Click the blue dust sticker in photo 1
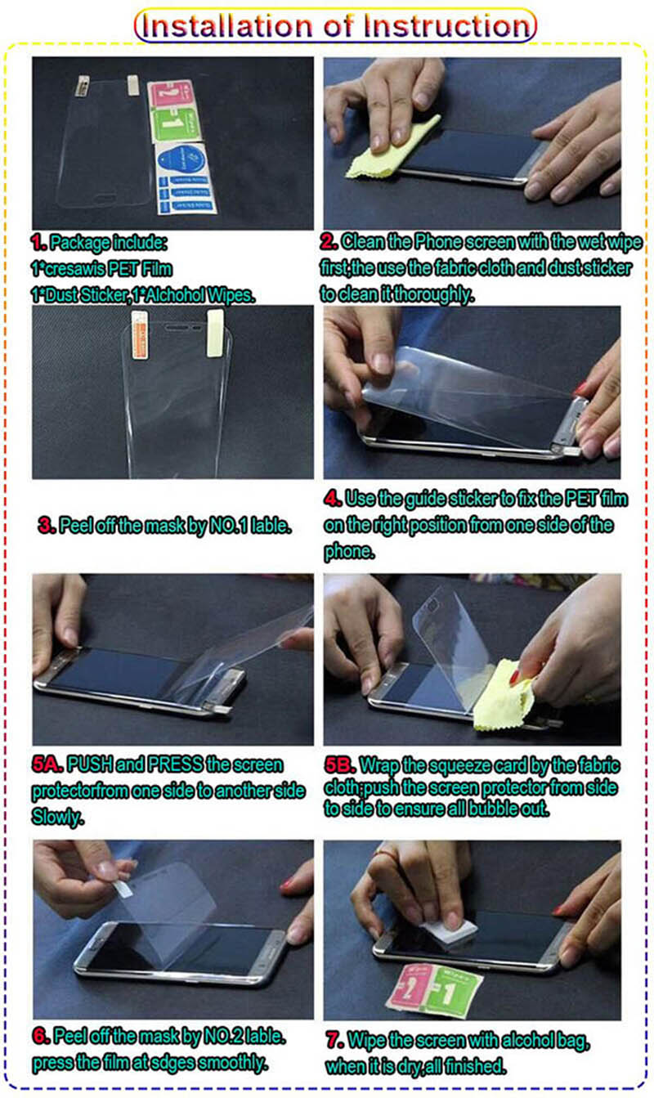point(186,179)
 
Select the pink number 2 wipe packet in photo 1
point(169,95)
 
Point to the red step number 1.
point(38,242)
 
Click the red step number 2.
point(329,241)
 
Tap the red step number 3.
point(47,526)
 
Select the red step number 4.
point(333,499)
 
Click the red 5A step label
point(47,764)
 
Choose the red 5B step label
point(340,765)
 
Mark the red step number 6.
point(41,1036)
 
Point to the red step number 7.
point(334,1039)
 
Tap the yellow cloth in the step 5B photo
point(504,696)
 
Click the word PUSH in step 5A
point(90,764)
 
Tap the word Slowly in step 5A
point(58,817)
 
